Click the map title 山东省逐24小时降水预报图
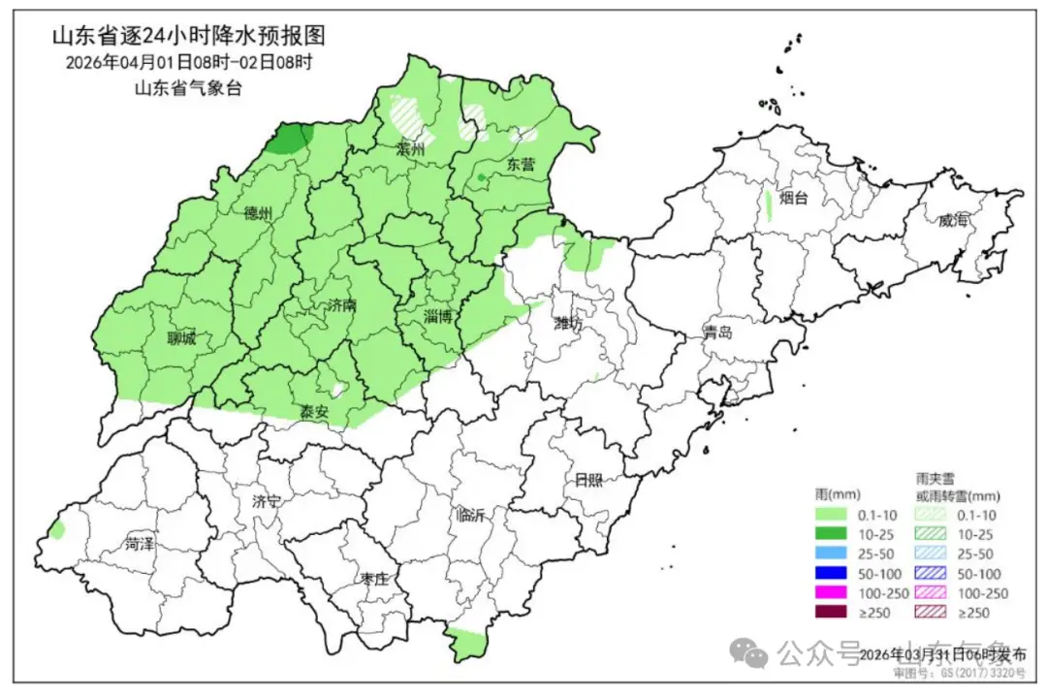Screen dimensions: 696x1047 187,37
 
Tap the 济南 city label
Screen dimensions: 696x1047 340,304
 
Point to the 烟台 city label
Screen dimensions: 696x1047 794,198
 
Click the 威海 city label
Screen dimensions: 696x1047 953,220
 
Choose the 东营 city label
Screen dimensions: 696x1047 521,164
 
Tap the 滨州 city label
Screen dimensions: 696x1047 411,150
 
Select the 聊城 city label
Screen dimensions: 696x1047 180,338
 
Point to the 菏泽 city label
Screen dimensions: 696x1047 140,544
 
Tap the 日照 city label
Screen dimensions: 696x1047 587,479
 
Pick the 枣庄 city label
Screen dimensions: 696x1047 374,579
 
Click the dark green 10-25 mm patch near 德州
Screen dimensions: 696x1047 289,140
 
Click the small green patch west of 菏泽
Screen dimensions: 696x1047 57,529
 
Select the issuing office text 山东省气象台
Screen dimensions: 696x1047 187,87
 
